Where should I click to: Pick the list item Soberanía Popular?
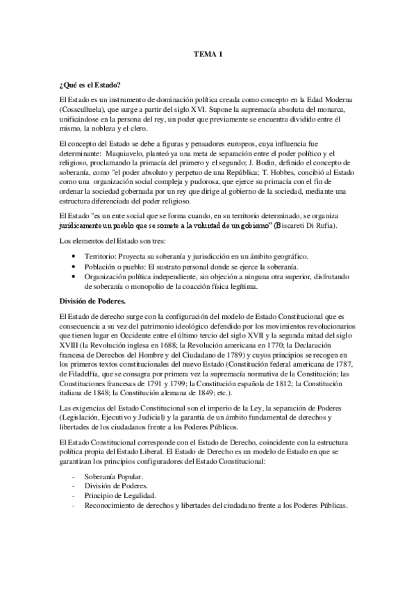point(113,477)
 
